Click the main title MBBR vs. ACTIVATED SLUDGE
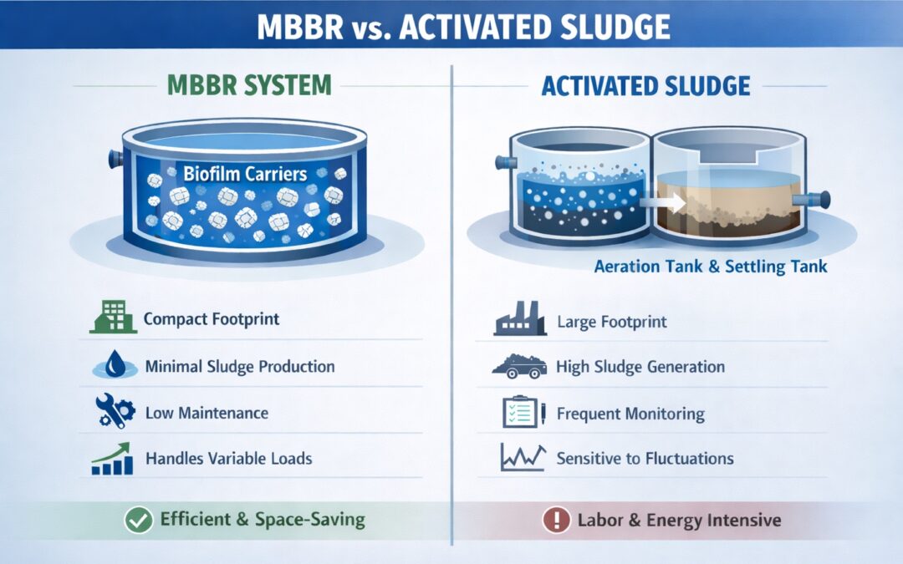pyautogui.click(x=451, y=26)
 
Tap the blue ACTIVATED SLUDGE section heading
pyautogui.click(x=645, y=84)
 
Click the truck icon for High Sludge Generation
pyautogui.click(x=518, y=366)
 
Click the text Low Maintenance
pyautogui.click(x=207, y=413)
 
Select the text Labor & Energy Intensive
pyautogui.click(x=679, y=521)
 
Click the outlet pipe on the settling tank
pyautogui.click(x=814, y=200)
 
